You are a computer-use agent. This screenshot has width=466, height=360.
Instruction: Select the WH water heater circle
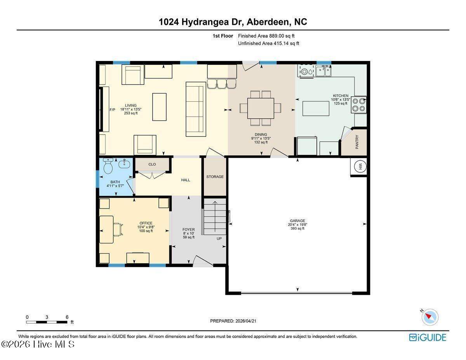360,166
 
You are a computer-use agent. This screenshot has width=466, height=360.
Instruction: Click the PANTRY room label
357,142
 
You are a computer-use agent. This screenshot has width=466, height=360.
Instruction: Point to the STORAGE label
215,177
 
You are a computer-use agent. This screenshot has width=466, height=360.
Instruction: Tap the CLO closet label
152,164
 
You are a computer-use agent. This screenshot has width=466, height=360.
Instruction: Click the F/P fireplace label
112,110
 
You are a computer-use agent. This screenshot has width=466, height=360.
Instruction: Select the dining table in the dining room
261,108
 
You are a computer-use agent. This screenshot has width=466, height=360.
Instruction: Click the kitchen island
316,108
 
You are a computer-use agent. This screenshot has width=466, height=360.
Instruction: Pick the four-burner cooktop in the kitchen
358,104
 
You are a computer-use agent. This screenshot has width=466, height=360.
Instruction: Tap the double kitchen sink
323,71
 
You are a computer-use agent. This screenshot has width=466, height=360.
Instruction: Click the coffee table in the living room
159,107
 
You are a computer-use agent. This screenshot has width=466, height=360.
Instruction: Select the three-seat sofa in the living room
196,109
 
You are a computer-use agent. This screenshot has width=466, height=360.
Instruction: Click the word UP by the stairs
219,238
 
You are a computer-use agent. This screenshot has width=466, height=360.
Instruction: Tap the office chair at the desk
118,230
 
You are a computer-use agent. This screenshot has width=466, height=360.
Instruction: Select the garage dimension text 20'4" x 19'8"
297,224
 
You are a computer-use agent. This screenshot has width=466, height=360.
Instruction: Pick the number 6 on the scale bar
67,317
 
